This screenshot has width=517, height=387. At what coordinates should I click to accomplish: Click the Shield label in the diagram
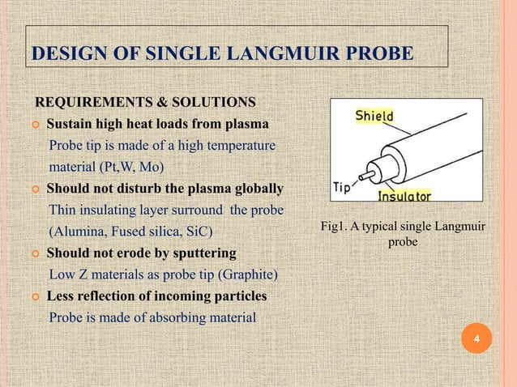(x=374, y=117)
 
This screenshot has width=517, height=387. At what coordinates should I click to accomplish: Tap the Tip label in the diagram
(x=341, y=187)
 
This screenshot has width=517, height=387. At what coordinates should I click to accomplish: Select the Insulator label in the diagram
(x=404, y=196)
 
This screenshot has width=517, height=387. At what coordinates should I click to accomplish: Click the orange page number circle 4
(x=476, y=338)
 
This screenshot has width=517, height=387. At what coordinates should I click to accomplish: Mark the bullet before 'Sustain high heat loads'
(x=36, y=125)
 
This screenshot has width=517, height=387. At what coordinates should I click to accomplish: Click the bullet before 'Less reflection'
(x=36, y=296)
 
